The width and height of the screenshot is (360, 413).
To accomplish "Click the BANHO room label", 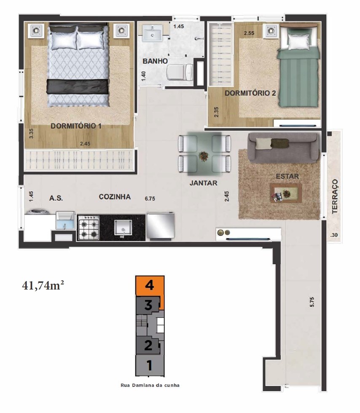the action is (x=155, y=61).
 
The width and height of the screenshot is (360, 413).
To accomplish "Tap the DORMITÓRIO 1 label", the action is (x=76, y=126).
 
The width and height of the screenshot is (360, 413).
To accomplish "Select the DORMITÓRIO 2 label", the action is (x=250, y=93).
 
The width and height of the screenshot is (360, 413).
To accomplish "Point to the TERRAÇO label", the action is (x=335, y=196).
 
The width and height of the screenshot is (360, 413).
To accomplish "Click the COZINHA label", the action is (x=115, y=197).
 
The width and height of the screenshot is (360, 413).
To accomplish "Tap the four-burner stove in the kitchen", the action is (x=89, y=228).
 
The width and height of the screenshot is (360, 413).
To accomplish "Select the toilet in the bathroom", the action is (x=180, y=72).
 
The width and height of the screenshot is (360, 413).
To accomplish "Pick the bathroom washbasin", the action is (x=152, y=33).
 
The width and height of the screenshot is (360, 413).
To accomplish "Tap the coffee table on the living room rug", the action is (x=286, y=193).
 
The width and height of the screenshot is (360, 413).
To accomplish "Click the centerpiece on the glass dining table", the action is (x=204, y=156).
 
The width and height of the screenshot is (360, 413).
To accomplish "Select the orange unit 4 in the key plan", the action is (x=150, y=286).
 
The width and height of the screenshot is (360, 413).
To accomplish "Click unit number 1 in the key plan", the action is (x=150, y=365).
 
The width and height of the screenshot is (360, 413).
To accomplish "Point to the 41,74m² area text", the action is (x=43, y=285).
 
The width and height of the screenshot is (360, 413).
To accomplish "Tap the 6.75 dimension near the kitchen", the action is (x=150, y=198).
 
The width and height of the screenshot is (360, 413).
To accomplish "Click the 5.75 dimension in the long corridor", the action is (x=312, y=302).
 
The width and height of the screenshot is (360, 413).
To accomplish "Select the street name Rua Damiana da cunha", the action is (x=150, y=385).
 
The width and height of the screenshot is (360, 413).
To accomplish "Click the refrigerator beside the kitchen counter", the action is (x=161, y=226).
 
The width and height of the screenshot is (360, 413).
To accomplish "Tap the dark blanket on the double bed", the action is (x=78, y=86).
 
